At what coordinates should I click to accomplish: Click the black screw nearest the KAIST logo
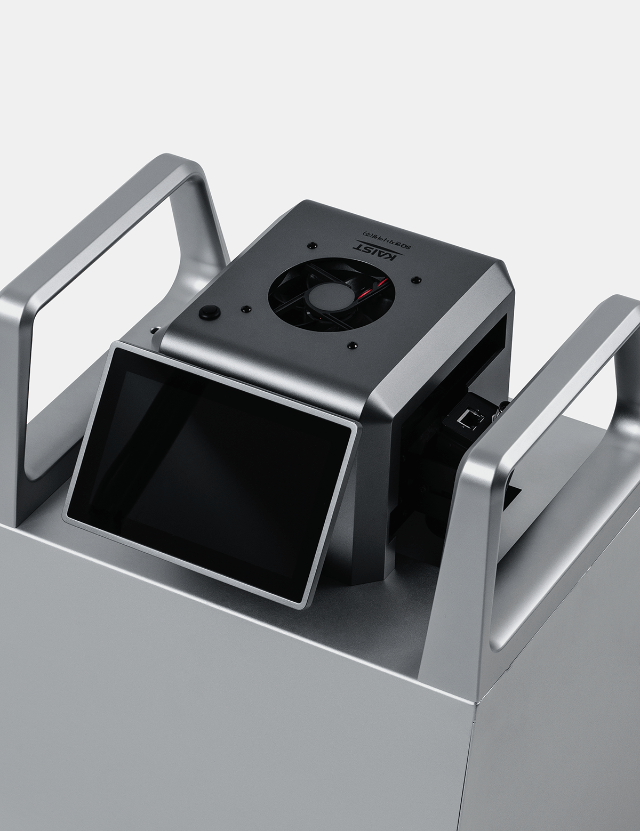coord(310,245)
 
